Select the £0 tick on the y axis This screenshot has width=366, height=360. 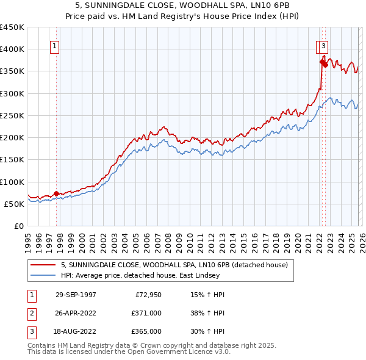(18, 226)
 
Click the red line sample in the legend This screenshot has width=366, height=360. (43, 265)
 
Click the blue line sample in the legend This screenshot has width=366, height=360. (43, 275)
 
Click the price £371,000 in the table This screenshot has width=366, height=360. (146, 313)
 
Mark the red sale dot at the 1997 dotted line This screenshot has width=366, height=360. (57, 194)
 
